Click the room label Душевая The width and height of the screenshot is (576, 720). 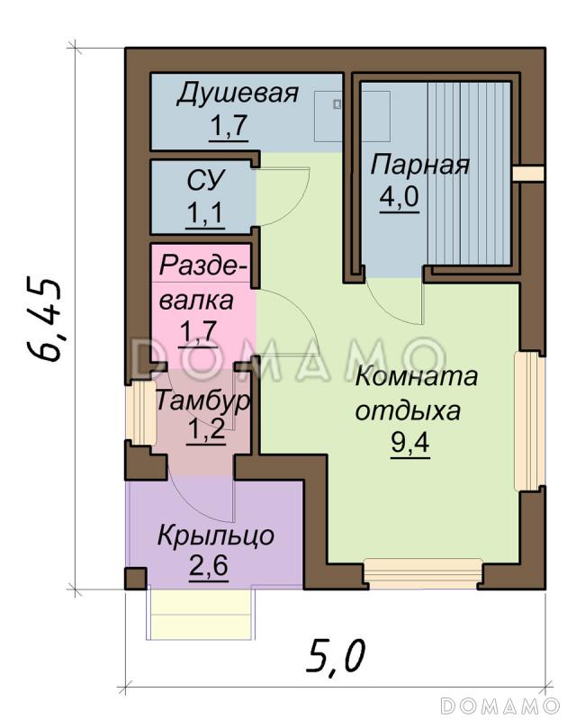pyautogui.click(x=237, y=94)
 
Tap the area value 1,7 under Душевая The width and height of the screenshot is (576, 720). pyautogui.click(x=229, y=127)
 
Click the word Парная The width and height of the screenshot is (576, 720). pyautogui.click(x=420, y=166)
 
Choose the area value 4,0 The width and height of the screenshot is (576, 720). pyautogui.click(x=399, y=197)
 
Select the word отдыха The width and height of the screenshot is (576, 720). pyautogui.click(x=408, y=410)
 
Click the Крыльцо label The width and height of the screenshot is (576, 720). pyautogui.click(x=216, y=536)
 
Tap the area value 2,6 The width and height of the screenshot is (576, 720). pyautogui.click(x=208, y=569)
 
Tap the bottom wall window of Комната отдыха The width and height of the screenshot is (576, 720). pyautogui.click(x=422, y=574)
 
